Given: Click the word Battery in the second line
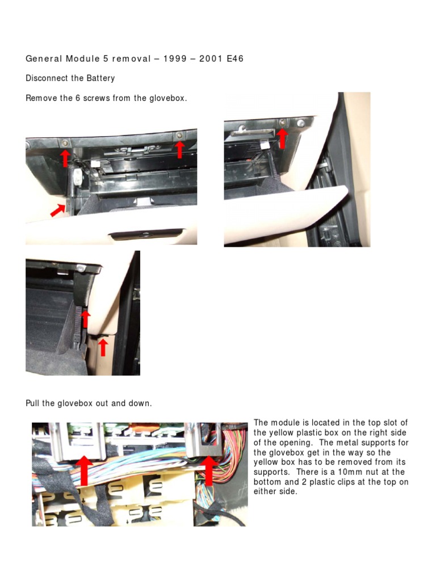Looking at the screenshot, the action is click(100, 78).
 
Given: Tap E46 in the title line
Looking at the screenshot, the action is click(235, 58).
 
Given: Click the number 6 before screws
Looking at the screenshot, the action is click(78, 98).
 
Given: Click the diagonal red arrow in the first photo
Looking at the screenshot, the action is click(57, 210).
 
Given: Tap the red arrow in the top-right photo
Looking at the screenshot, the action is click(283, 138).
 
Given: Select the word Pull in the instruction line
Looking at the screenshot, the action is click(32, 403).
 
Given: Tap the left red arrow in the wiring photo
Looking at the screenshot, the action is click(84, 470).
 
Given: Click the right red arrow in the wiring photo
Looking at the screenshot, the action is click(209, 471).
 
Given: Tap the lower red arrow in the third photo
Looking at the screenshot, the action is click(103, 348).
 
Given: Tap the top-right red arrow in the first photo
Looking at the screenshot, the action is click(179, 150).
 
